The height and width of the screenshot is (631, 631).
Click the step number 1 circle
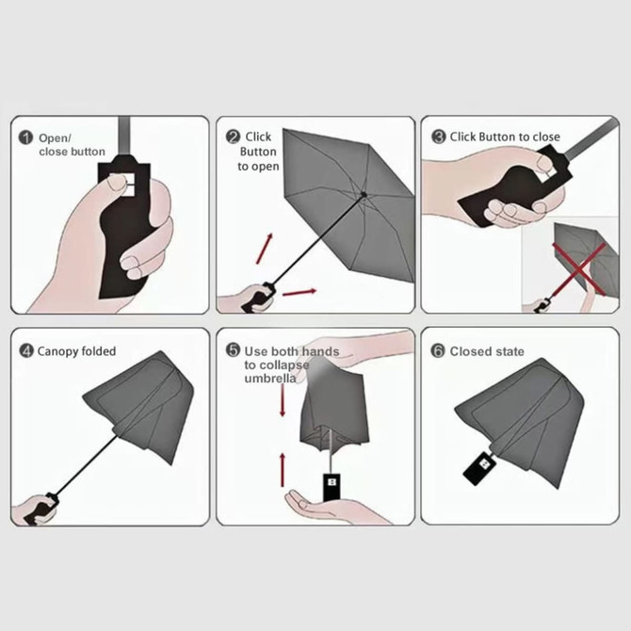tap(26, 138)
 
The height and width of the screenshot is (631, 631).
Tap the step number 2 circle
tap(233, 138)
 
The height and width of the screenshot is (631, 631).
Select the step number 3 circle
tap(438, 137)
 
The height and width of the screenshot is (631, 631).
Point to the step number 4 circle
tap(26, 351)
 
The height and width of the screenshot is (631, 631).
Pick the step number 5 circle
tap(233, 350)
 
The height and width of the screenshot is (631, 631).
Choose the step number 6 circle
tap(438, 351)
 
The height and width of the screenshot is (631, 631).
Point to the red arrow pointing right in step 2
tap(299, 292)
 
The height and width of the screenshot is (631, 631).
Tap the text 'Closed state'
tap(487, 351)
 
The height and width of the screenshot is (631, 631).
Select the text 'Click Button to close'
tap(505, 137)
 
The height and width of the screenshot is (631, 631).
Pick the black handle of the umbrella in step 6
tap(478, 465)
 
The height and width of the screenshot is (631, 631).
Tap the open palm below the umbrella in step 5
tap(325, 510)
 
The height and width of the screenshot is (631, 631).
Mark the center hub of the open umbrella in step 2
tap(364, 195)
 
